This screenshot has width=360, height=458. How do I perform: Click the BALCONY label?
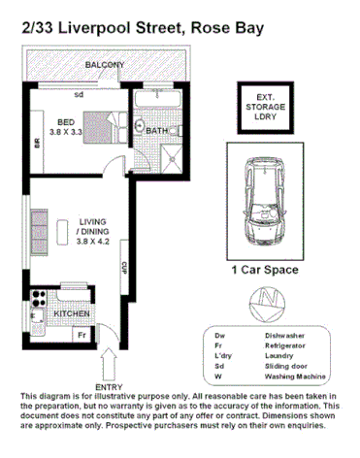(104, 65)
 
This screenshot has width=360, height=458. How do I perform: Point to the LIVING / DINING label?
(94, 232)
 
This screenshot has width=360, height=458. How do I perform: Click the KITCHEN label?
(72, 314)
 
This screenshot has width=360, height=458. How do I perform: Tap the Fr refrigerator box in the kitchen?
(83, 334)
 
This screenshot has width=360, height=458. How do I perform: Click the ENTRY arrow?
(106, 364)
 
